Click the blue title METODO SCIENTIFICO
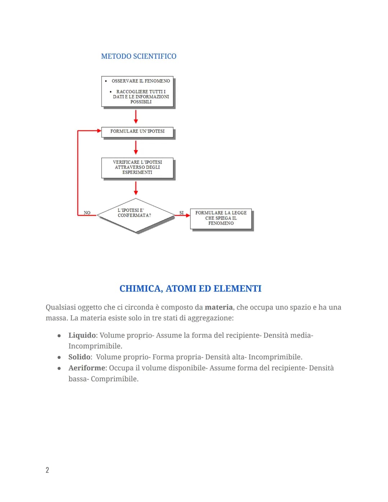click(x=139, y=56)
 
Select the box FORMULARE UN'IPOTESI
click(x=137, y=132)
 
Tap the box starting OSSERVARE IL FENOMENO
click(x=137, y=91)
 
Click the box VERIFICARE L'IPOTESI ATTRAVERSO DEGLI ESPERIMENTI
click(x=137, y=167)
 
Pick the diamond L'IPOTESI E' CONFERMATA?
click(x=135, y=215)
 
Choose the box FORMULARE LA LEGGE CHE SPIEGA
click(x=221, y=218)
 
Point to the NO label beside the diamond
click(x=87, y=213)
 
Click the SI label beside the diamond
click(x=181, y=213)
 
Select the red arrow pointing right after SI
click(x=185, y=216)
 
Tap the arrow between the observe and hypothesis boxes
click(x=136, y=117)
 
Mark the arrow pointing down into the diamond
click(x=136, y=188)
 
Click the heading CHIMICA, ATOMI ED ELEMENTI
click(x=190, y=289)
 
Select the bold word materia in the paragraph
click(x=218, y=307)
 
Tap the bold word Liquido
click(x=82, y=335)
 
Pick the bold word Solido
click(x=79, y=357)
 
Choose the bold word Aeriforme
click(x=87, y=368)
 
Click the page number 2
click(x=47, y=470)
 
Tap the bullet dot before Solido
click(x=59, y=357)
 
